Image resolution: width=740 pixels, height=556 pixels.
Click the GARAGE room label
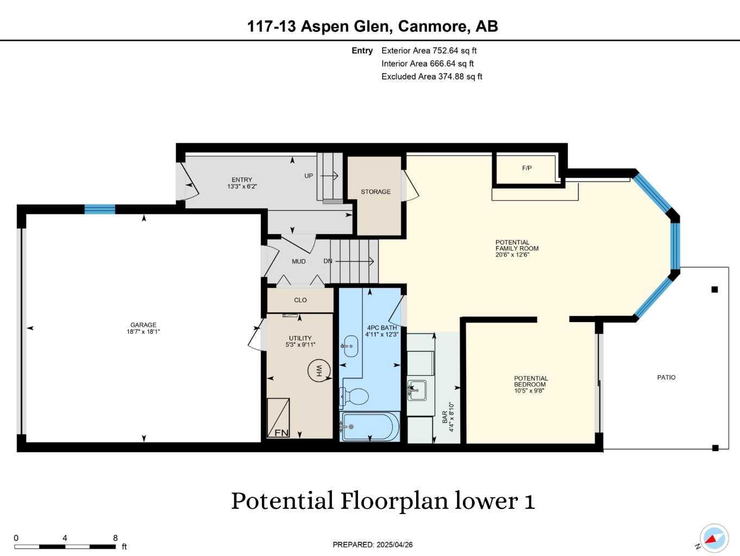pyautogui.click(x=143, y=325)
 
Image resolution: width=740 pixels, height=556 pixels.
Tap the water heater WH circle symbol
pyautogui.click(x=319, y=370)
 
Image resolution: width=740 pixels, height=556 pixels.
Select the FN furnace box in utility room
pyautogui.click(x=279, y=418)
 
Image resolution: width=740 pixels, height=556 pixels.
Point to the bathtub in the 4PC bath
pyautogui.click(x=369, y=427)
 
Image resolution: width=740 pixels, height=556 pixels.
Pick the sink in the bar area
pyautogui.click(x=417, y=390)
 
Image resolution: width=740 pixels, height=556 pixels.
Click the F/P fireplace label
pyautogui.click(x=527, y=168)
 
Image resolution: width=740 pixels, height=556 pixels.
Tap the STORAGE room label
pyautogui.click(x=375, y=192)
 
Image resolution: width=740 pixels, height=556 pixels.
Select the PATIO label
pyautogui.click(x=666, y=377)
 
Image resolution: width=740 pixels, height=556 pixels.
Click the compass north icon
pyautogui.click(x=713, y=539)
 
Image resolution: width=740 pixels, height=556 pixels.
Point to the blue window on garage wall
pyautogui.click(x=100, y=209)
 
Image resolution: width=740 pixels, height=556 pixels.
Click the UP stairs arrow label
pyautogui.click(x=309, y=176)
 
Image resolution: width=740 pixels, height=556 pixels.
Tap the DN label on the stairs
pyautogui.click(x=328, y=261)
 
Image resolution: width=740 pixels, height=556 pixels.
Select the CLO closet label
pyautogui.click(x=300, y=300)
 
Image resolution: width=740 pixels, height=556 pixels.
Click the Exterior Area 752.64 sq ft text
pyautogui.click(x=429, y=50)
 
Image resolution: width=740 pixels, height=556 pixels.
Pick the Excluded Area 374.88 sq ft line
pyautogui.click(x=431, y=77)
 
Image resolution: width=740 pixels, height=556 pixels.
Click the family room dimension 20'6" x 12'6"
pyautogui.click(x=512, y=255)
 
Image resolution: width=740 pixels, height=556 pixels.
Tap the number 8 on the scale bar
pyautogui.click(x=115, y=538)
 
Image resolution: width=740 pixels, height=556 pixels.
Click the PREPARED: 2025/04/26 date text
pyautogui.click(x=373, y=545)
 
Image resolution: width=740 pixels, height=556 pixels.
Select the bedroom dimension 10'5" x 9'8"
pyautogui.click(x=529, y=390)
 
